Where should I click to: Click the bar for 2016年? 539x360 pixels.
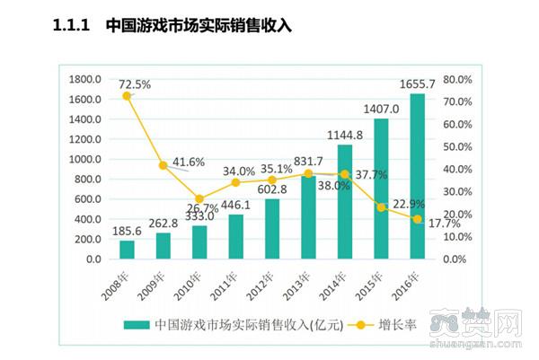coord(418,176)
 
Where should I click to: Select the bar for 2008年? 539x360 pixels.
coord(127,250)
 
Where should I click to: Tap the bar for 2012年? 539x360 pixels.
coord(272,229)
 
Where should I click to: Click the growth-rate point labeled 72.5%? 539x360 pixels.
coord(127,96)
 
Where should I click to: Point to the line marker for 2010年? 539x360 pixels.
coord(199,199)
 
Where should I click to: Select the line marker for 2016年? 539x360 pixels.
coord(418,219)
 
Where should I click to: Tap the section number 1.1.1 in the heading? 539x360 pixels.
coord(74,27)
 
